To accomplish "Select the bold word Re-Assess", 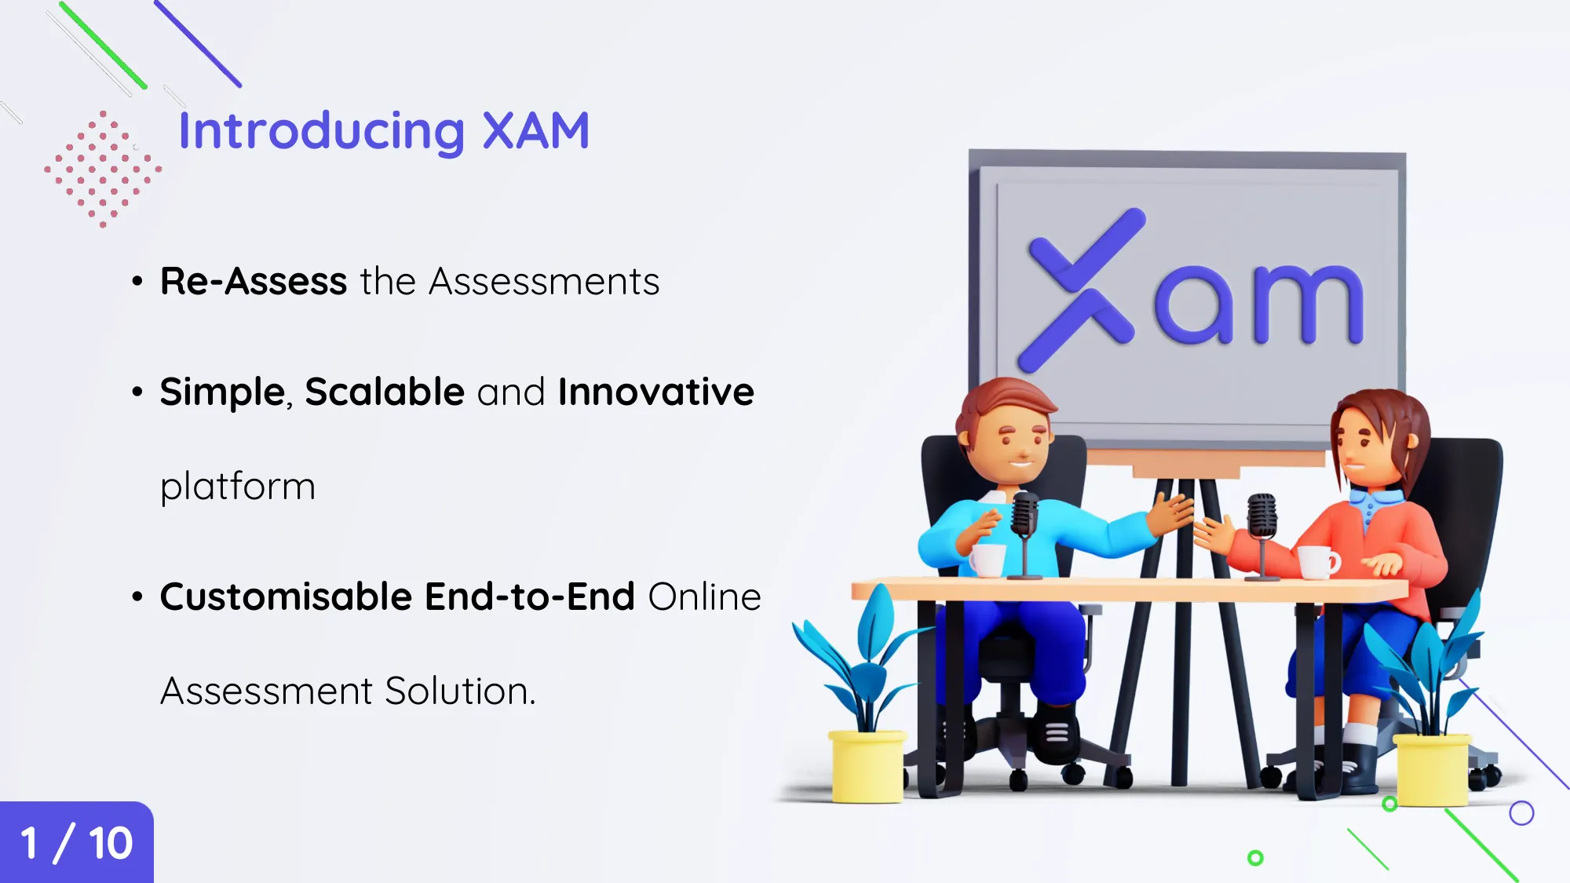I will (x=254, y=281).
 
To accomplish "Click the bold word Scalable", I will (x=385, y=392).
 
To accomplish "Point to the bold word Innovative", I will (x=655, y=392).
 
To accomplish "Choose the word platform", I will (x=238, y=487).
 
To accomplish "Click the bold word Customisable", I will (x=287, y=597).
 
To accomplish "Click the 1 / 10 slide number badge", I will (x=76, y=843).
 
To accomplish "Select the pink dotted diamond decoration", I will (x=103, y=169).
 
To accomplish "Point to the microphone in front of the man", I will (x=1024, y=522).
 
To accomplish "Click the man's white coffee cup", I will (x=988, y=560).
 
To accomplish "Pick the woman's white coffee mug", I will (x=1317, y=561).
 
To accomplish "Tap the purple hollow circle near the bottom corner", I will (x=1521, y=813).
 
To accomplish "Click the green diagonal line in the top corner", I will (x=103, y=46).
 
